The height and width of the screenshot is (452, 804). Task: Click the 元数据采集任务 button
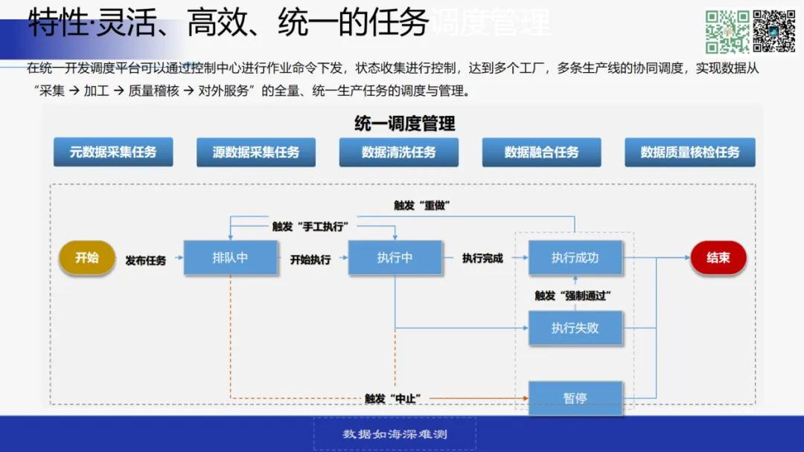pyautogui.click(x=113, y=152)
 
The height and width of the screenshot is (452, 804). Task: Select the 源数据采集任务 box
pyautogui.click(x=256, y=152)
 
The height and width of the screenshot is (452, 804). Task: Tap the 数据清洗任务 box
pyautogui.click(x=399, y=152)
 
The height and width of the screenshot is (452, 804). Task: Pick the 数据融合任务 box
pyautogui.click(x=541, y=152)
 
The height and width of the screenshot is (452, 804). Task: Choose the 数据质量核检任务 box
pyautogui.click(x=690, y=152)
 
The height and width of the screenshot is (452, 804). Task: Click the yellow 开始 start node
pyautogui.click(x=87, y=258)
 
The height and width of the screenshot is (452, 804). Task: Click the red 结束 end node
pyautogui.click(x=718, y=258)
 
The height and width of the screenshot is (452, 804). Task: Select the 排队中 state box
pyautogui.click(x=230, y=258)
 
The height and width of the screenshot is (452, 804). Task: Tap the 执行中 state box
pyautogui.click(x=395, y=258)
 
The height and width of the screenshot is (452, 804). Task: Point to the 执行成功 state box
pyautogui.click(x=575, y=258)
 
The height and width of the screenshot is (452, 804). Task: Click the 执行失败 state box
pyautogui.click(x=575, y=328)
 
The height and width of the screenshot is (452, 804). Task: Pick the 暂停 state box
pyautogui.click(x=575, y=398)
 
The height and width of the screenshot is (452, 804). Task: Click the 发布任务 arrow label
pyautogui.click(x=146, y=260)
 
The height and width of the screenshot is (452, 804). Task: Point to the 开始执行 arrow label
pyautogui.click(x=310, y=259)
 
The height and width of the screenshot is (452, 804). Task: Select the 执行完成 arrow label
pyautogui.click(x=482, y=259)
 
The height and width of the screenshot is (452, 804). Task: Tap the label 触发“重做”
pyautogui.click(x=422, y=205)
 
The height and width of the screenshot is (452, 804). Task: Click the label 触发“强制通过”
pyautogui.click(x=572, y=295)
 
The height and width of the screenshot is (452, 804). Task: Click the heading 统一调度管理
pyautogui.click(x=405, y=123)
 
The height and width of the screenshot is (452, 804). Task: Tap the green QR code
pyautogui.click(x=727, y=31)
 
